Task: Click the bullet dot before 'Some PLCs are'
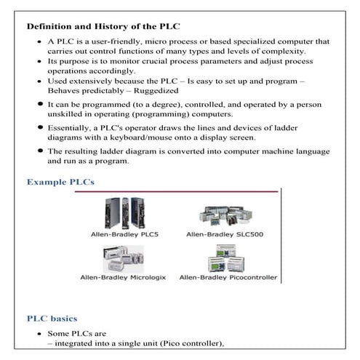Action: click(x=39, y=334)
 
